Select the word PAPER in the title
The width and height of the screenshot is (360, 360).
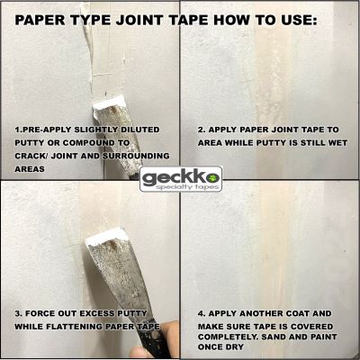pyautogui.click(x=40, y=21)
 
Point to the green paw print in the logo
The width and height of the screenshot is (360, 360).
pyautogui.click(x=214, y=177)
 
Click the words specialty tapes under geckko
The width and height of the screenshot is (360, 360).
pyautogui.click(x=188, y=187)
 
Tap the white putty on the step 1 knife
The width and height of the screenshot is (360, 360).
pyautogui.click(x=109, y=103)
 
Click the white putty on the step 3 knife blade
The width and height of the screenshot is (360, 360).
pyautogui.click(x=105, y=236)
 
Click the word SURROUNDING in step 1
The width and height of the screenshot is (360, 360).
pyautogui.click(x=137, y=156)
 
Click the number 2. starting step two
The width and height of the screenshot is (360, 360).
pyautogui.click(x=202, y=130)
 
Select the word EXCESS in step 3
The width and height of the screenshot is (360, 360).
pyautogui.click(x=97, y=313)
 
